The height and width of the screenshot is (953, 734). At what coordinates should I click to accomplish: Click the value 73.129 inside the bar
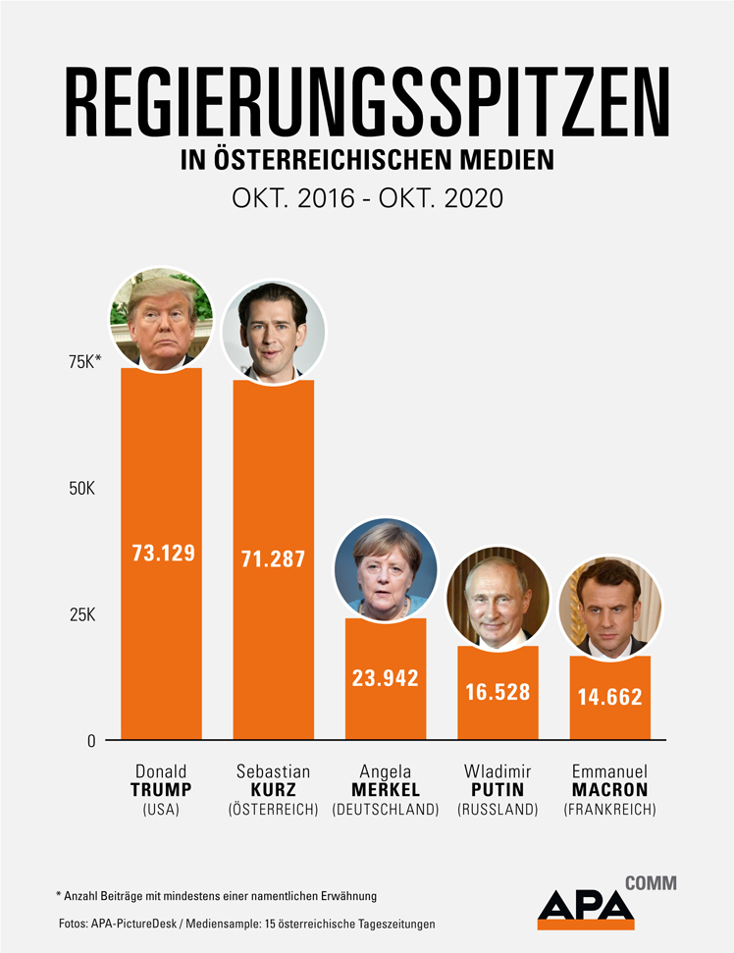(163, 552)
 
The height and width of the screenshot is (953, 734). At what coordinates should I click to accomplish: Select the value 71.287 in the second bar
(274, 559)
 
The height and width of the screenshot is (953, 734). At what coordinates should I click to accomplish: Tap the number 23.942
(386, 677)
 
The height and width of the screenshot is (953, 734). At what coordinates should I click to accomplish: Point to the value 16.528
(498, 692)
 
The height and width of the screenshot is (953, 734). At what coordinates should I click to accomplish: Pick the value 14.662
(609, 697)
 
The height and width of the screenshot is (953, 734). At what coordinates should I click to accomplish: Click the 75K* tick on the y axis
(84, 362)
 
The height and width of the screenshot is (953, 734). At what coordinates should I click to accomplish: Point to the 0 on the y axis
(91, 741)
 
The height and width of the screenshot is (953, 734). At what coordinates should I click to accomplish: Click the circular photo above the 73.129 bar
(161, 319)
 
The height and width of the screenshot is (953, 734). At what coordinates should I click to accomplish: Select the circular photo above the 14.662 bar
(610, 606)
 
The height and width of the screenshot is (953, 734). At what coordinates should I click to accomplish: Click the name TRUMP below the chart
(161, 790)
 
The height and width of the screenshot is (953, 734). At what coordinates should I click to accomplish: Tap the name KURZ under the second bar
(274, 790)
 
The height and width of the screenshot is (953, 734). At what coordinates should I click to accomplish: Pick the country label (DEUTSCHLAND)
(386, 810)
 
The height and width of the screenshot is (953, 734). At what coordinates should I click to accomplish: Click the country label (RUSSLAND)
(498, 810)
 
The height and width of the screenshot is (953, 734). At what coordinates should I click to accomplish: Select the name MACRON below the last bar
(610, 790)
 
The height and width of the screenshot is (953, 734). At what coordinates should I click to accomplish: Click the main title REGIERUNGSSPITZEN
(367, 103)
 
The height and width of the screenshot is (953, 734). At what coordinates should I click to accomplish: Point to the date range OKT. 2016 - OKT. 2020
(367, 197)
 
